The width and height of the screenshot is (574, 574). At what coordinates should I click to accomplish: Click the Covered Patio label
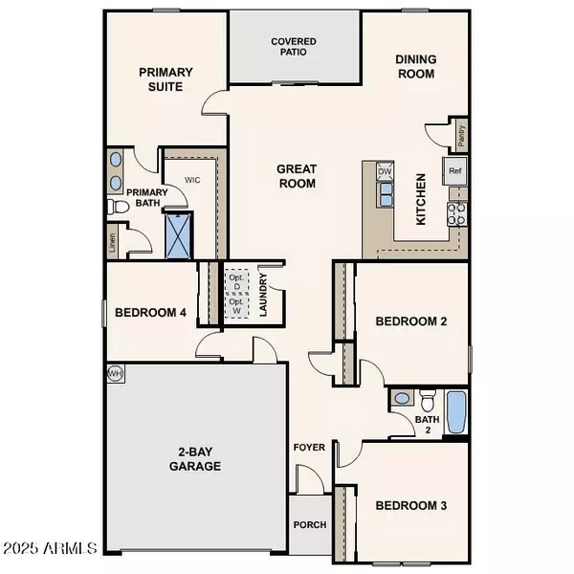point(293,48)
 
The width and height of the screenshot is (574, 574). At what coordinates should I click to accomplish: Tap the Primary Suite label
point(166,79)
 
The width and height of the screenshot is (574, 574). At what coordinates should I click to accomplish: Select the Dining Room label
point(415,66)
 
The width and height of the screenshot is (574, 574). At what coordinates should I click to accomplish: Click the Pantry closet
point(461,138)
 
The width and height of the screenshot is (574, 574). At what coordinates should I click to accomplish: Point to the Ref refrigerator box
point(455,171)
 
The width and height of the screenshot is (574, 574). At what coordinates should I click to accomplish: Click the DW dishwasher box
point(385,171)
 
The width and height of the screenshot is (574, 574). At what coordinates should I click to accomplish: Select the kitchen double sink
point(386,195)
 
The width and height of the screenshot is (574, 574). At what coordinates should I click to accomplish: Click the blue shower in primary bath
point(179,235)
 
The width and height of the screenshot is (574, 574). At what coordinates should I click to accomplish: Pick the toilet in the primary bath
point(117,206)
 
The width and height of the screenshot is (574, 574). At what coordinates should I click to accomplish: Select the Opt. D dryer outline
point(234,283)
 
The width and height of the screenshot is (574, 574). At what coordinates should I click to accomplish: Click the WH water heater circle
point(116,372)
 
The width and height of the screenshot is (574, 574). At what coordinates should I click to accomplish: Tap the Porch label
point(310,525)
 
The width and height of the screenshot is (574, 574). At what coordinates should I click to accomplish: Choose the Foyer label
point(310,446)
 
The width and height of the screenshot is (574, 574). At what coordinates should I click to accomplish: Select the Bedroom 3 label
point(410,505)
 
